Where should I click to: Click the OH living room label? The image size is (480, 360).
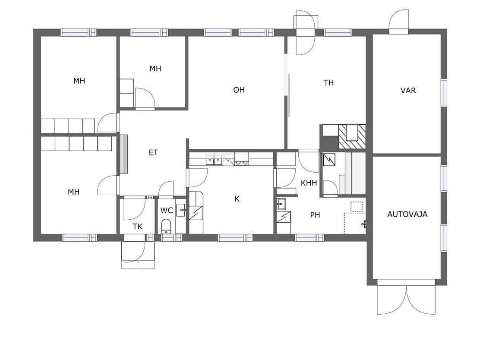[x=239, y=90]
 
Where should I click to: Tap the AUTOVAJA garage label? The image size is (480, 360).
[x=407, y=214]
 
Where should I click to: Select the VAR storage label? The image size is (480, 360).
[x=408, y=91]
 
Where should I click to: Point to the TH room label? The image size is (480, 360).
[x=328, y=82]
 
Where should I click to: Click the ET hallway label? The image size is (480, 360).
[x=153, y=152]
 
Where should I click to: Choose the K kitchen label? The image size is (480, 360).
[x=237, y=199]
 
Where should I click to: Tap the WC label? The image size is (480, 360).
[x=167, y=211]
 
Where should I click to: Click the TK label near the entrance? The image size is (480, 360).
[x=137, y=227]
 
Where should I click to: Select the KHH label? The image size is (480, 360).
[x=309, y=183]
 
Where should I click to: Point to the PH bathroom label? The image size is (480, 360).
[x=315, y=215]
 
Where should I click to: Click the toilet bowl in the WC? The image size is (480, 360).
[x=166, y=226]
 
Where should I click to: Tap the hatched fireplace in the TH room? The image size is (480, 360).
[x=352, y=136]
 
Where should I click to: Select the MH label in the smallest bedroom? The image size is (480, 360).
[x=155, y=69]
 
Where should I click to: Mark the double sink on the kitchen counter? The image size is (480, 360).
[x=214, y=160]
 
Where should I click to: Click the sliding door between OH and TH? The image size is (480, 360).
[x=288, y=95]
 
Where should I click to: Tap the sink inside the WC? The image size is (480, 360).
[x=180, y=210]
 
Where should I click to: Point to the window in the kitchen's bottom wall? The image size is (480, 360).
[x=235, y=237]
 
